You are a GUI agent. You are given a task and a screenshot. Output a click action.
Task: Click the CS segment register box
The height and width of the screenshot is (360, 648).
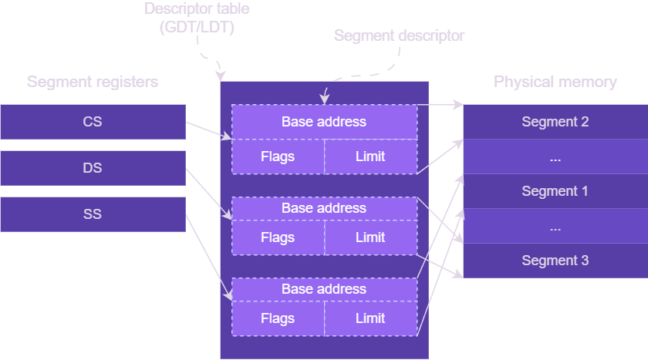point(93,122)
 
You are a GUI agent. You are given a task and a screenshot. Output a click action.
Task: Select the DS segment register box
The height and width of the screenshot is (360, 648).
point(93,168)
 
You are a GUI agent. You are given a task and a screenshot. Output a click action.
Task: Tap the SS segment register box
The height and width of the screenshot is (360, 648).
point(93,214)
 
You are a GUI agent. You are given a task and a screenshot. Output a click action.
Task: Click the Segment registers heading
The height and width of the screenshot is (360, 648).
point(93,82)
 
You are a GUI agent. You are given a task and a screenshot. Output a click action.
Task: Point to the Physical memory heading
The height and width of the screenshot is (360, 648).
point(555,82)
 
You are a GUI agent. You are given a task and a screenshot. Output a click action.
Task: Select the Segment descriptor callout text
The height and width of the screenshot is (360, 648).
point(399,35)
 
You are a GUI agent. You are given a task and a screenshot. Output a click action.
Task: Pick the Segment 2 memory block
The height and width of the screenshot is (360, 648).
point(555,122)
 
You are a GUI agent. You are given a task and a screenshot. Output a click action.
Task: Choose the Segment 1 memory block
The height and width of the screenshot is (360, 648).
point(555,191)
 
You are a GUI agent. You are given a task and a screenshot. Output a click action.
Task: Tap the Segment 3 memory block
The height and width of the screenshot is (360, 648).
point(555,261)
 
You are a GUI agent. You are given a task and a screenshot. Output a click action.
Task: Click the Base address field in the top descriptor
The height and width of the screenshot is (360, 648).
point(324,122)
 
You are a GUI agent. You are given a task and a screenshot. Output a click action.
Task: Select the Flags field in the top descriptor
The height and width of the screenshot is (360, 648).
point(278,156)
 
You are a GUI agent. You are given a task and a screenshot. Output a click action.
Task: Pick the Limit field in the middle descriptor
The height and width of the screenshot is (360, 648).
point(370,237)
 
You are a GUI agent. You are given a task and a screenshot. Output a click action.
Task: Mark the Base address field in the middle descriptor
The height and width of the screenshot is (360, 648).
point(324,208)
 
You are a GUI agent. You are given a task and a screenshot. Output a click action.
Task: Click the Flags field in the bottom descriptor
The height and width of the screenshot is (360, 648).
point(278,318)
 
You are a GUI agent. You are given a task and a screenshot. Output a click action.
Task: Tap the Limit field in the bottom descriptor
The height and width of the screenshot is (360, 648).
point(370,318)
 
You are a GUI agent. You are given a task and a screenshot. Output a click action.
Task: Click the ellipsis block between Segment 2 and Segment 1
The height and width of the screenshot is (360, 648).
point(555,157)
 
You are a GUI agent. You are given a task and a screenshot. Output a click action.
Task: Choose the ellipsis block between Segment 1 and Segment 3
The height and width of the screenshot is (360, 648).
point(555,227)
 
